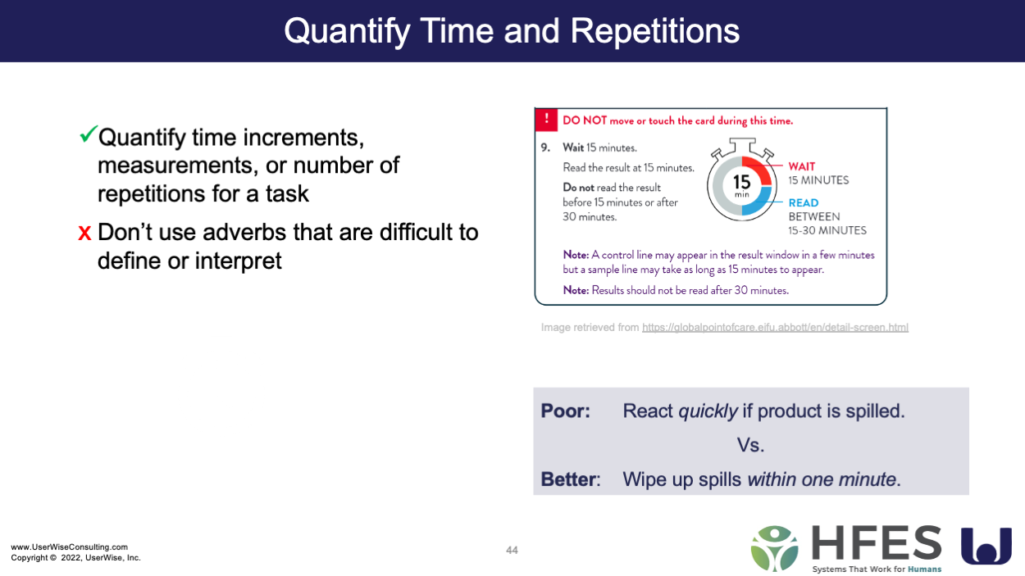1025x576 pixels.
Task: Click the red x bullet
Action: click(x=84, y=232)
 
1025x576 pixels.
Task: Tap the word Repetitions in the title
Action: click(x=655, y=31)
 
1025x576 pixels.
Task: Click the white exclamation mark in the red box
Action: click(x=546, y=119)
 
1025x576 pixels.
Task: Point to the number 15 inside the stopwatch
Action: click(x=742, y=182)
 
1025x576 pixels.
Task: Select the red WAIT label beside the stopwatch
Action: click(x=802, y=166)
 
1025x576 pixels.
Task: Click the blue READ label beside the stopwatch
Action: click(x=804, y=202)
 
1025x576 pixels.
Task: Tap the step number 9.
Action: click(x=545, y=147)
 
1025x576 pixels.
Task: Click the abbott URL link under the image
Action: click(x=775, y=327)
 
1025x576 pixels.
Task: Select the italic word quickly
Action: click(x=708, y=411)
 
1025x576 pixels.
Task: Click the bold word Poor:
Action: click(x=566, y=411)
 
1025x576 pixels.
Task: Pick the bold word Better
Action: click(x=568, y=479)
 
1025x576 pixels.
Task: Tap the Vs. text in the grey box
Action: click(x=750, y=445)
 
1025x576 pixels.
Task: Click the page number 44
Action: click(x=512, y=551)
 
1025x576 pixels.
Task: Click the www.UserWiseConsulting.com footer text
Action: click(x=70, y=547)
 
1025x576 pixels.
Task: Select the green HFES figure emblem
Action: click(x=775, y=549)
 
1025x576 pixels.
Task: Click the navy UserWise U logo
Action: click(x=986, y=546)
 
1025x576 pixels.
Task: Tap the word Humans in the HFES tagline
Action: click(x=925, y=569)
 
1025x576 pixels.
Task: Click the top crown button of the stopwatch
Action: click(x=742, y=145)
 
